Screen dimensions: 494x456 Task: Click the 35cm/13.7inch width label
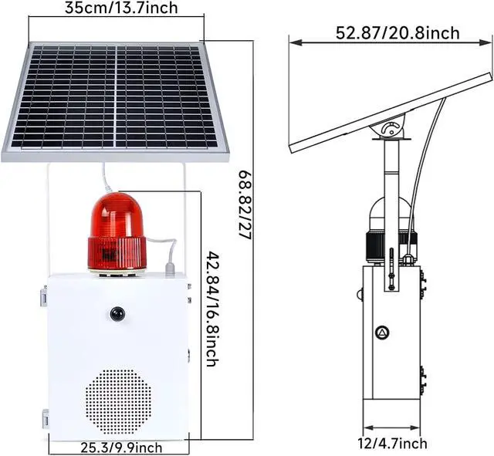(x=121, y=8)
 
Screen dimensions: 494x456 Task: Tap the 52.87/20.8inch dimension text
(x=398, y=33)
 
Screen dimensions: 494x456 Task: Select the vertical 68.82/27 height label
(x=245, y=206)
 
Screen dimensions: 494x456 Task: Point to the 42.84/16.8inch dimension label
(x=212, y=309)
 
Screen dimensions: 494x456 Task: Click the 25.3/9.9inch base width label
(x=122, y=448)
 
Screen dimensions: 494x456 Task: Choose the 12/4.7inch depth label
(x=392, y=444)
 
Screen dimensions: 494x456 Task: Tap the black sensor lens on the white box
(x=117, y=314)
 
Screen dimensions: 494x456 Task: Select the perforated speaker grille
(x=118, y=401)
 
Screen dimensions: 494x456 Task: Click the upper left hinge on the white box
(x=44, y=296)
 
